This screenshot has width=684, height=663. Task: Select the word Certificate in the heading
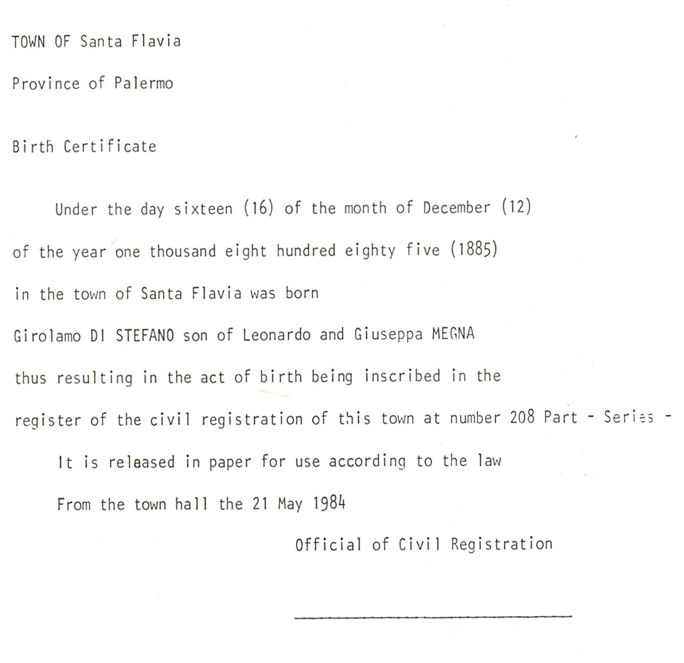pyautogui.click(x=110, y=146)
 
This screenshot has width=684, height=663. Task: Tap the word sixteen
pyautogui.click(x=203, y=210)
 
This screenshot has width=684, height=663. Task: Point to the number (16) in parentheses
pyautogui.click(x=260, y=209)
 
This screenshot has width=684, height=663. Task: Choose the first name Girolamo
pyautogui.click(x=47, y=336)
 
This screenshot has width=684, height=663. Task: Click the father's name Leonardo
pyautogui.click(x=276, y=335)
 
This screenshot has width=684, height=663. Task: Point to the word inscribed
pyautogui.click(x=402, y=376)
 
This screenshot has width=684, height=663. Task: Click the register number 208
pyautogui.click(x=522, y=418)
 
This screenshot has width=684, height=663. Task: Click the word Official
pyautogui.click(x=328, y=545)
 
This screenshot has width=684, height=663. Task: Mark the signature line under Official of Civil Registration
pyautogui.click(x=433, y=616)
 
